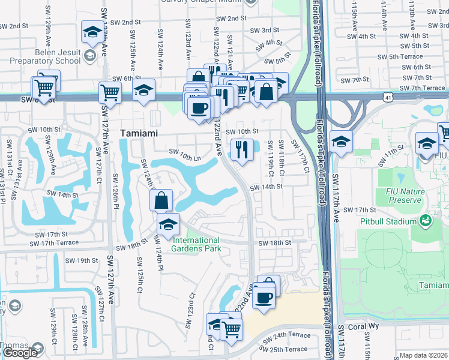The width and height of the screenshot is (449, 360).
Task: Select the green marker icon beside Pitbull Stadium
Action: [x=426, y=221]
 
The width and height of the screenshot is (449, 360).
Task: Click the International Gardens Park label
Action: [x=196, y=244]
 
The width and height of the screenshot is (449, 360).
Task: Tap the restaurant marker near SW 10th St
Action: [x=242, y=149]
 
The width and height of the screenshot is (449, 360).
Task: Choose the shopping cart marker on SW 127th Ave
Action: [x=110, y=92]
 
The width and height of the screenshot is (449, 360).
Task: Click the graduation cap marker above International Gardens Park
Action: [x=169, y=224]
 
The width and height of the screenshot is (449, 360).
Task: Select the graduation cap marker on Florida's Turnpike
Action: [x=341, y=142]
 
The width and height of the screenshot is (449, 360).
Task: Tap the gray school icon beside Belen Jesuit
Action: [x=89, y=56]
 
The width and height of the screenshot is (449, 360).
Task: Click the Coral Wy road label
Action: [x=364, y=327]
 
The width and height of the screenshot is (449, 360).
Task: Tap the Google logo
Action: [x=20, y=353]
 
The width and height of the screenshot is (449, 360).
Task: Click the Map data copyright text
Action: [x=424, y=355]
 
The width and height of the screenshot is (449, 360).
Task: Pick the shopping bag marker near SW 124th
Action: [x=161, y=200]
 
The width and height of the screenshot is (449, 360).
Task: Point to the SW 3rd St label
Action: [x=265, y=30]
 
